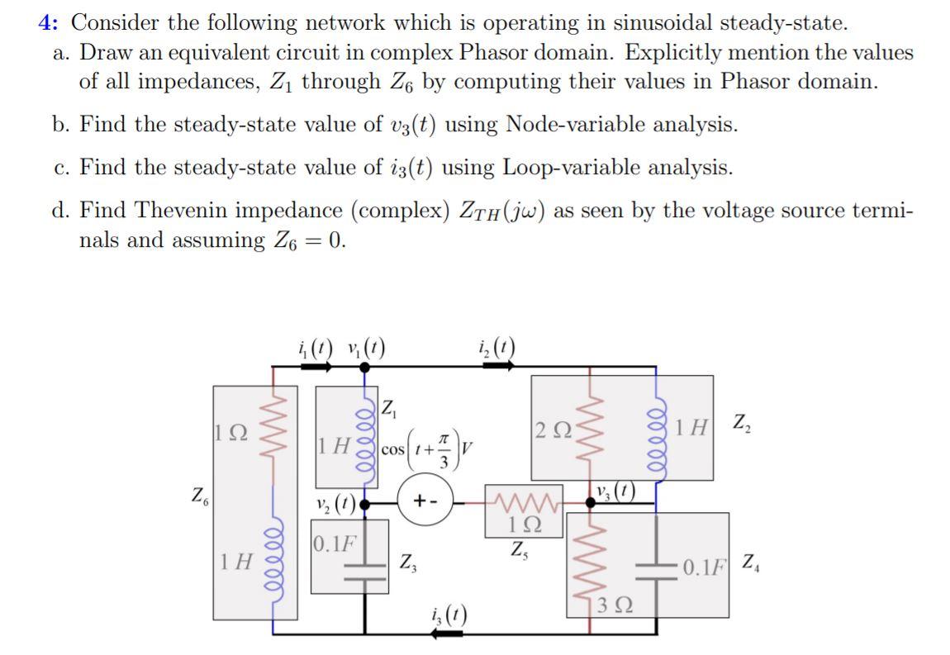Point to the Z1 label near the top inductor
click(x=391, y=407)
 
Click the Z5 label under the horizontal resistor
click(x=520, y=548)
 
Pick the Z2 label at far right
click(x=742, y=424)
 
